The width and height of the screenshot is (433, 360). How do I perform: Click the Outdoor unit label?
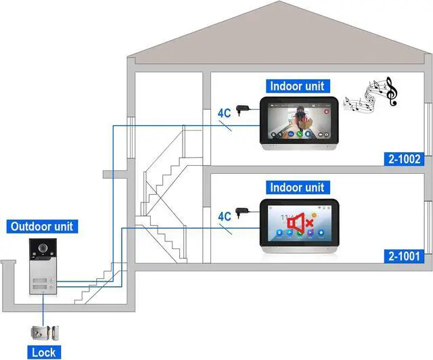tap(41, 227)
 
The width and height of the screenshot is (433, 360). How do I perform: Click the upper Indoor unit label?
tap(297, 86)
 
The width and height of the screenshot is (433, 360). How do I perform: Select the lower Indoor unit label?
tap(297, 187)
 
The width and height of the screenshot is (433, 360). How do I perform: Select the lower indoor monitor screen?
tap(298, 223)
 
